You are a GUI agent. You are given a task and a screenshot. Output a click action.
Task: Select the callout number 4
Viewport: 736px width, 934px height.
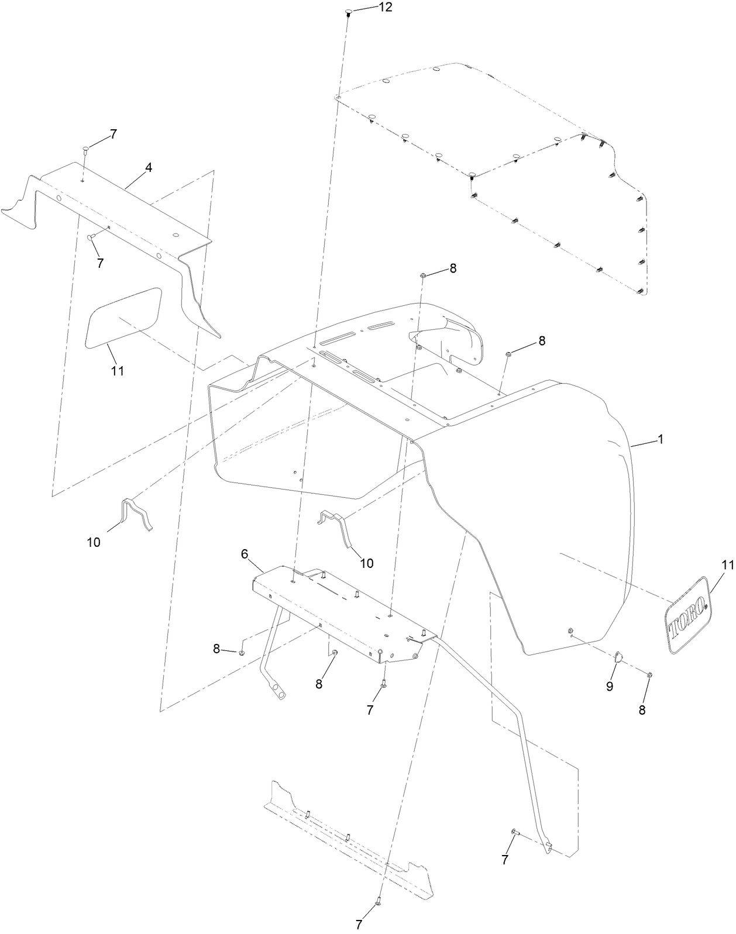tap(149, 167)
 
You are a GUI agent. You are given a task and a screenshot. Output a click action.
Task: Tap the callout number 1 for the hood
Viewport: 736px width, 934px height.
tap(661, 439)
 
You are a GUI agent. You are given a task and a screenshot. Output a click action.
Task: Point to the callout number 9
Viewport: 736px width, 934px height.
tap(610, 687)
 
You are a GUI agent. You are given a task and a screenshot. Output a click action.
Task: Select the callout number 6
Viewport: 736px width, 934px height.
tap(245, 553)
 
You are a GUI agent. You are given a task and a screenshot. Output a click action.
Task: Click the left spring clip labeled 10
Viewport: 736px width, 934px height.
tap(136, 513)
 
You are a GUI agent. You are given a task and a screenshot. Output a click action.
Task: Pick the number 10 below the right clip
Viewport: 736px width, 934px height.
tap(367, 563)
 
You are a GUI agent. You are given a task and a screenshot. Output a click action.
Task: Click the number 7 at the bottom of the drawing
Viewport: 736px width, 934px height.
tap(359, 925)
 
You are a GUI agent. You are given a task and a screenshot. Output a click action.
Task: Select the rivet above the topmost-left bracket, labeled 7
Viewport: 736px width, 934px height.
tap(84, 149)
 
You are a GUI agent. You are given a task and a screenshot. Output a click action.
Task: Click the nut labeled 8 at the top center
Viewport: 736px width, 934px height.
tap(422, 274)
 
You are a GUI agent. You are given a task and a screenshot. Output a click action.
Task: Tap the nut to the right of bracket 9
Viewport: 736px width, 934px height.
tap(651, 675)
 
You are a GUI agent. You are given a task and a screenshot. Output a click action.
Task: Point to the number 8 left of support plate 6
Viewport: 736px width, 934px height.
tap(216, 649)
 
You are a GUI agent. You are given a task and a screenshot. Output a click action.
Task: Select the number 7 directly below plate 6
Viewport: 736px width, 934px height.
tap(370, 710)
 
